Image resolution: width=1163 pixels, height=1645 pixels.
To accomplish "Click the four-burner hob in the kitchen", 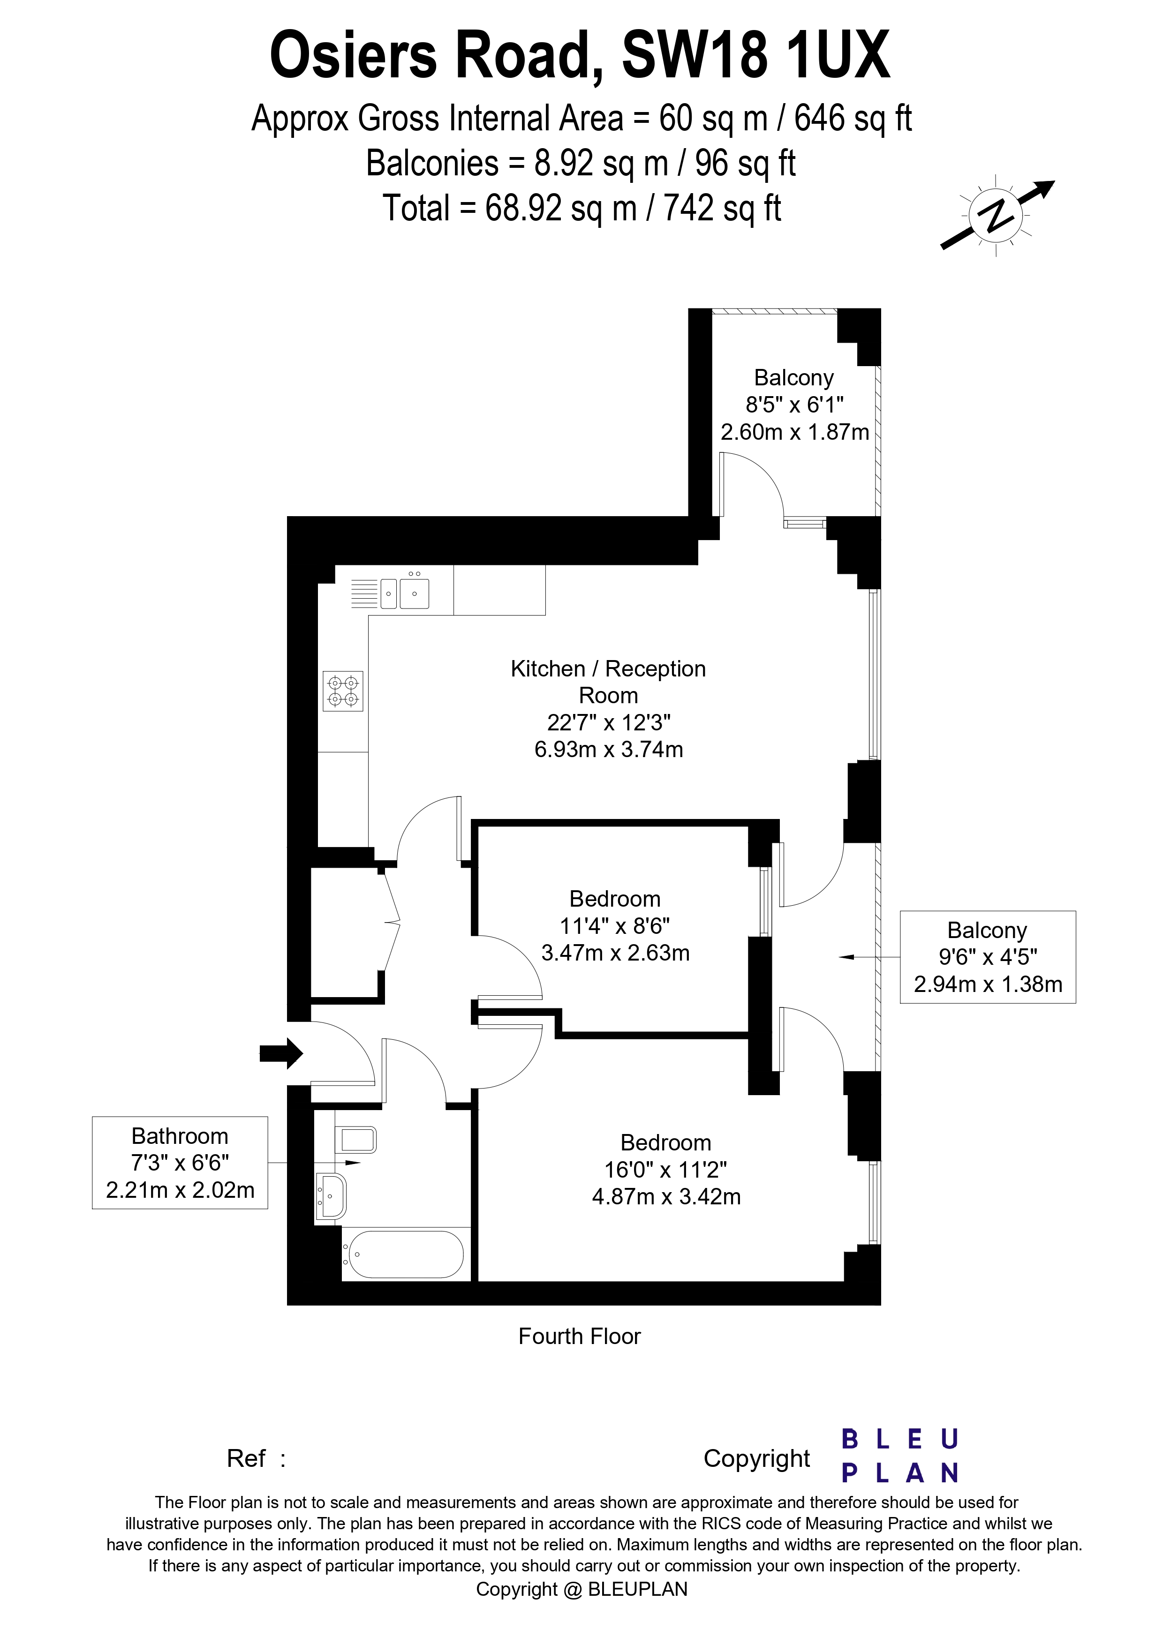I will coord(342,691).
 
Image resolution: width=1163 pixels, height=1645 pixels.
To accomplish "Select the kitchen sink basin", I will coord(414,593).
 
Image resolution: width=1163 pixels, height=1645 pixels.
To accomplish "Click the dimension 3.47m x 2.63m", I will coord(615,953).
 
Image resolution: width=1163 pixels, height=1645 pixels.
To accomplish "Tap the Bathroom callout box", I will coord(180,1163).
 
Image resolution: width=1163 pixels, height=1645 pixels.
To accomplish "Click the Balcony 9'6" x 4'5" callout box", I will coord(988,957).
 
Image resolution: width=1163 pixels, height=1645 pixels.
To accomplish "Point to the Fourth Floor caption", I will coord(579,1336).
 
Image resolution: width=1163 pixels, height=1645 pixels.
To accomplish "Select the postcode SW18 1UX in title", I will coord(756,56).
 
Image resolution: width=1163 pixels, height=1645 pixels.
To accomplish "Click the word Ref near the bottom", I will coord(246,1458).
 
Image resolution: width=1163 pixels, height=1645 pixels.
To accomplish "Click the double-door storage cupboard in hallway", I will coord(346,931).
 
